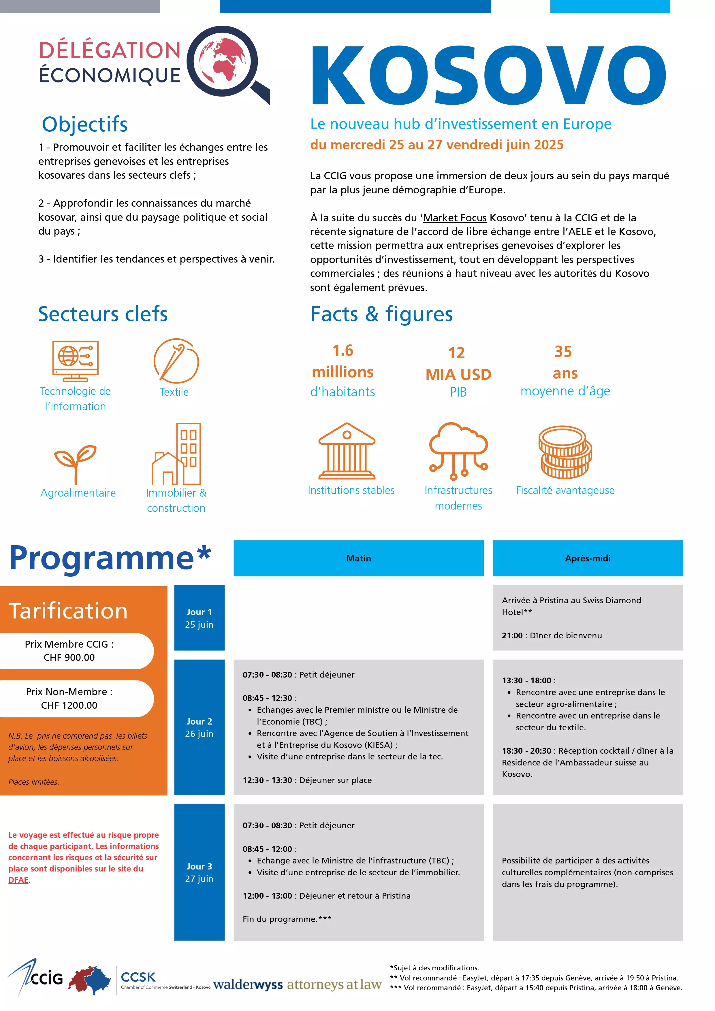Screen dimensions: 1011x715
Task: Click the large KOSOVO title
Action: tap(488, 75)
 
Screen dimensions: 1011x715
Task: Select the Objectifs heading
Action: tap(84, 124)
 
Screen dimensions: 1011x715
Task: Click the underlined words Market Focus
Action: tap(455, 218)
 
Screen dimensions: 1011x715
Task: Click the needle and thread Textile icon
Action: tap(176, 361)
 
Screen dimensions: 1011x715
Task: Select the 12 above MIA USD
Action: tap(456, 353)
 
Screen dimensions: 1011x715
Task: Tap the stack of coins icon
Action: tap(565, 452)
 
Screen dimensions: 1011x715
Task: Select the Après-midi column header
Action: tap(587, 558)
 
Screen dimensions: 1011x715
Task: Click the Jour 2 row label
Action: tap(199, 727)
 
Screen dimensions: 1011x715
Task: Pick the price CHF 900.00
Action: tap(69, 657)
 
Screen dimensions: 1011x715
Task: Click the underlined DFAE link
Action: tap(18, 880)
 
